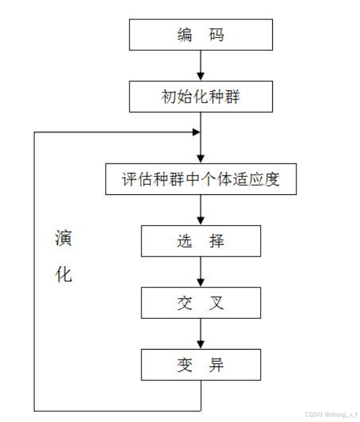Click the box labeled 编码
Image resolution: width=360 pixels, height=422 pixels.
tap(200, 36)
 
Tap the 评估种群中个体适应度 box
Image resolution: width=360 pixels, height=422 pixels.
tap(200, 179)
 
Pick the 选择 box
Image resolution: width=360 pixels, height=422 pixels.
tap(200, 240)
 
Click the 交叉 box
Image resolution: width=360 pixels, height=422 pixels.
tap(200, 303)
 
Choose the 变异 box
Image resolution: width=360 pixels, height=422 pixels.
tap(200, 365)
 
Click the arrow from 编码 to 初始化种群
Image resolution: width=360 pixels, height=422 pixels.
tap(200, 66)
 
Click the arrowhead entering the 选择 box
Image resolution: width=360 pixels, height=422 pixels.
tap(200, 220)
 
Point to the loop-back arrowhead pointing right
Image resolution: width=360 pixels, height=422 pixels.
tap(196, 132)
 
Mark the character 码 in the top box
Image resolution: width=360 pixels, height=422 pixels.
tap(216, 36)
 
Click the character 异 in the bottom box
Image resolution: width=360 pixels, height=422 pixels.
tap(216, 365)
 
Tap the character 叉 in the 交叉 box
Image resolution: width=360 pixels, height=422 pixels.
tap(216, 303)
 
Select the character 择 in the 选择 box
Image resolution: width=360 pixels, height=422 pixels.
tap(216, 240)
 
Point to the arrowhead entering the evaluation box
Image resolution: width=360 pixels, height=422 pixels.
tap(200, 158)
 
